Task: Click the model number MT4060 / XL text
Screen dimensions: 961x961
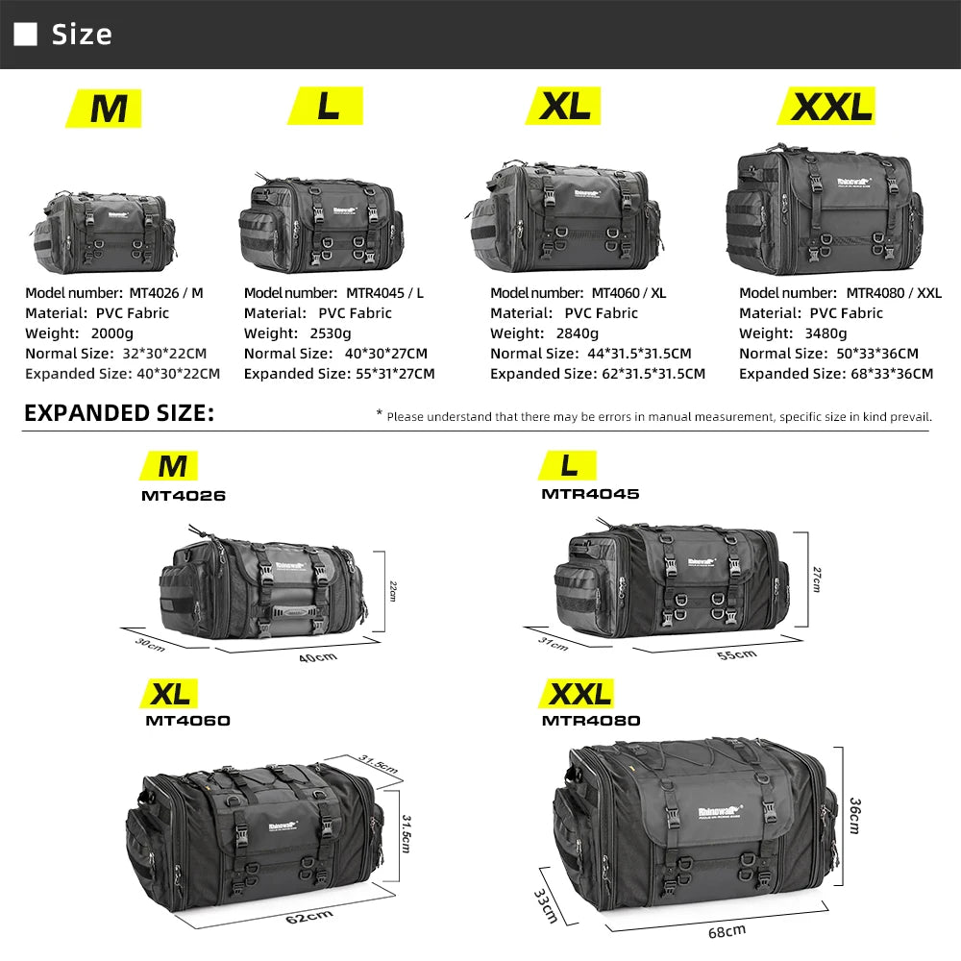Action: coord(628,292)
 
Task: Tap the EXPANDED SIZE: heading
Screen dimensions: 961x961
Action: coord(118,413)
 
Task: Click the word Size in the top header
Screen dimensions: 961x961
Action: coord(82,35)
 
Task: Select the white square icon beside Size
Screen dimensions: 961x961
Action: coord(26,35)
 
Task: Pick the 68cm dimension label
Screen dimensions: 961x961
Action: coord(727,930)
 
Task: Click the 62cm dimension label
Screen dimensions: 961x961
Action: coord(309,916)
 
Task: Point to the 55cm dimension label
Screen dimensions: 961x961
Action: coord(737,654)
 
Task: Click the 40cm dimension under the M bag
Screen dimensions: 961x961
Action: coord(318,656)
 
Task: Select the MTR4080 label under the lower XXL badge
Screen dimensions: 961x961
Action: coord(591,720)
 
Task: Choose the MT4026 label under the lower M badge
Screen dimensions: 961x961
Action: coord(184,496)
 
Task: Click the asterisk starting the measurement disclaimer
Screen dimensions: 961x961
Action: coord(379,414)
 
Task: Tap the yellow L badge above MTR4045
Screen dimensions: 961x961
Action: coord(570,466)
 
